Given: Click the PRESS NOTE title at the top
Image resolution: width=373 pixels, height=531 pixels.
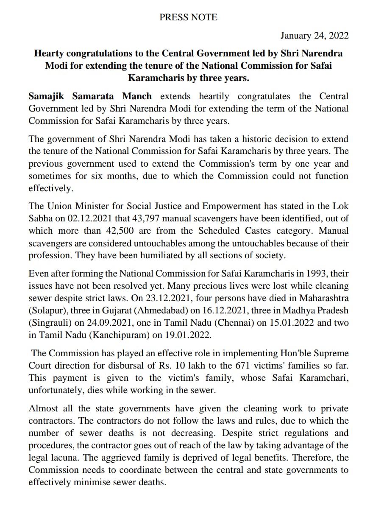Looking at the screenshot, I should tap(188, 17).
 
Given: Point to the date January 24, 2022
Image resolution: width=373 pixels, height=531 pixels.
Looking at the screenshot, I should tap(315, 36).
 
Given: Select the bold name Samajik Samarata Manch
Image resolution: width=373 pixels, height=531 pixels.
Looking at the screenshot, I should tap(90, 96).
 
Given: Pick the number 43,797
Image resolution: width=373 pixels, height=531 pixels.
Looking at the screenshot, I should tap(151, 218).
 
